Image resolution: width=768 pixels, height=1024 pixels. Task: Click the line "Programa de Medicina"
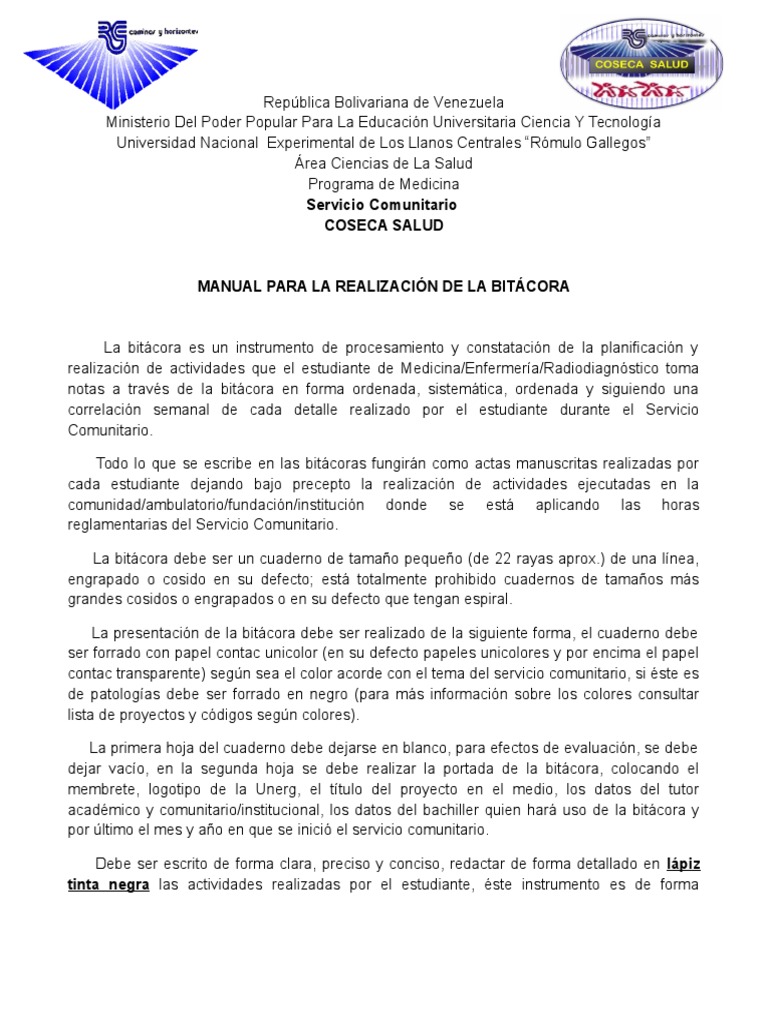pos(384,184)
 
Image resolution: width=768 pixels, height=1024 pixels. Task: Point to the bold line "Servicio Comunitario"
pos(382,205)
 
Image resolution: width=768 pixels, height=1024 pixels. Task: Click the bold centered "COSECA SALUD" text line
pos(384,226)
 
